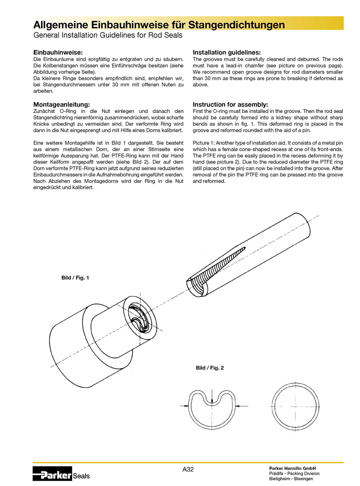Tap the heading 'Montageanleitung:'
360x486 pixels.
point(61,104)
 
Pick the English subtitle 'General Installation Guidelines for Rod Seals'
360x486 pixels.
point(107,35)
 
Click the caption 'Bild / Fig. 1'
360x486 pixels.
point(75,277)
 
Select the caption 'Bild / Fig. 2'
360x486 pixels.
point(209,368)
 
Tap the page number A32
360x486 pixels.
point(188,469)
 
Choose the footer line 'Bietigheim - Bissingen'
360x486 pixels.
point(291,479)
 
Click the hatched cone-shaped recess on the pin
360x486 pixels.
point(220,265)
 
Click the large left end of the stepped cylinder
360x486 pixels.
point(67,340)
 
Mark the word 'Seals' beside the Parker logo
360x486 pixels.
point(81,476)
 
